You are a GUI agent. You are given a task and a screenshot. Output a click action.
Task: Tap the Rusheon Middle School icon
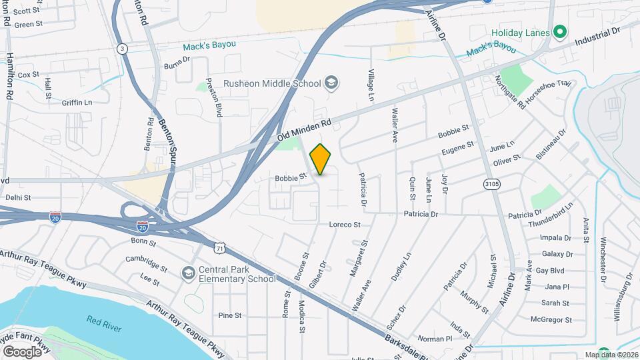(331, 83)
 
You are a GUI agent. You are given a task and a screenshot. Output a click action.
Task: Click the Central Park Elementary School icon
(189, 273)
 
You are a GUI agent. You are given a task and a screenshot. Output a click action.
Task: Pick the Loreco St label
(345, 225)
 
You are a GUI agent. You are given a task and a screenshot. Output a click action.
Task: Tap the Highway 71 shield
(219, 247)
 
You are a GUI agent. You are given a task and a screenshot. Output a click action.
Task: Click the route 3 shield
(121, 49)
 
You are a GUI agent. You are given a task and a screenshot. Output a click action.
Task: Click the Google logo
(21, 351)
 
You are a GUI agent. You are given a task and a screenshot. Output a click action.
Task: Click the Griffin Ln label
(77, 103)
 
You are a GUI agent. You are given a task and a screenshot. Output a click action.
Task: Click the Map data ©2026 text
(611, 355)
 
